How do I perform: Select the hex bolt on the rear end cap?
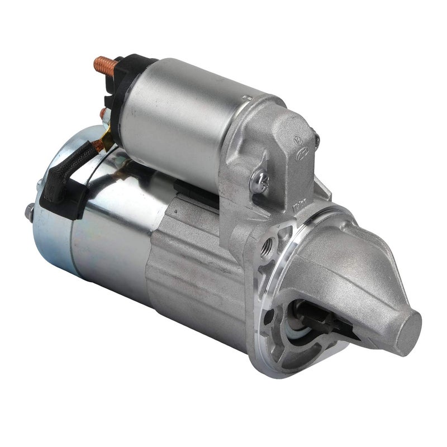click(x=29, y=211)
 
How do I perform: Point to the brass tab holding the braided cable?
click(x=102, y=143)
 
